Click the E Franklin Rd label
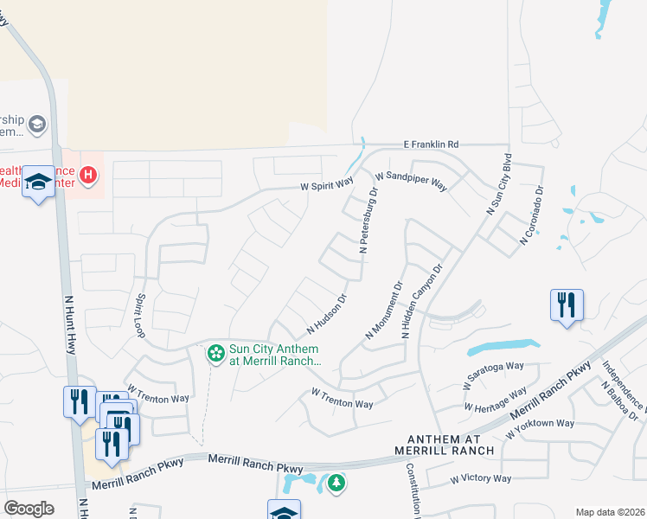click(x=431, y=144)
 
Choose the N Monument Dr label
click(x=385, y=309)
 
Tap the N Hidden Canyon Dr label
click(x=422, y=300)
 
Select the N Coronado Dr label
click(x=531, y=215)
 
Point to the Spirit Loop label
click(x=139, y=317)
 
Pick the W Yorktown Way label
click(x=541, y=424)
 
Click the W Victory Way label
click(x=481, y=478)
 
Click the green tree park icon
click(x=336, y=483)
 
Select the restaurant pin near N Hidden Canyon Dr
click(x=567, y=305)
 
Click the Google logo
click(x=29, y=509)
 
